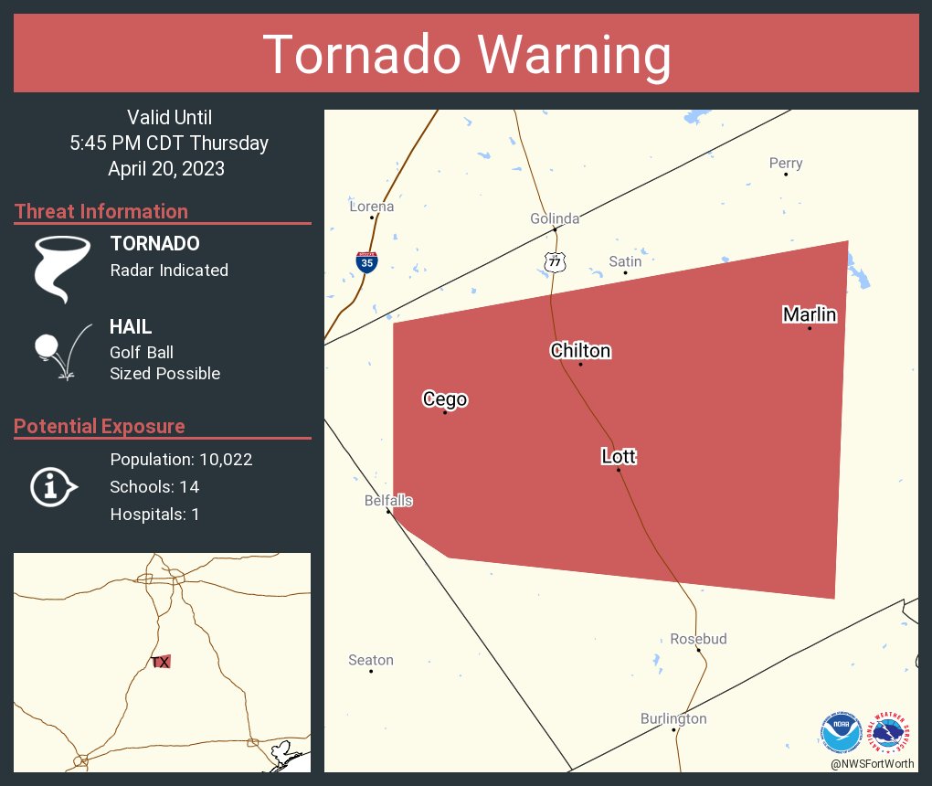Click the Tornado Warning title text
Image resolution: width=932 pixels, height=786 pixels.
click(467, 54)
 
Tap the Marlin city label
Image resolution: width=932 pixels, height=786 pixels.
click(810, 314)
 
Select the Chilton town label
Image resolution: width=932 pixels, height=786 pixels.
click(580, 351)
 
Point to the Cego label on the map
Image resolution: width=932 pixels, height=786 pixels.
click(445, 399)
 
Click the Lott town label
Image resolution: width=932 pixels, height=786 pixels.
click(619, 456)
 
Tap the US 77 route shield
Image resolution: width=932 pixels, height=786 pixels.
click(555, 262)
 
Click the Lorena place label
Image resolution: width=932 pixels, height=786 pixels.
click(372, 207)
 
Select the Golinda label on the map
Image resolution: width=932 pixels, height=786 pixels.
click(555, 218)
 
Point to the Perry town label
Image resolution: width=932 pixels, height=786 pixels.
click(786, 164)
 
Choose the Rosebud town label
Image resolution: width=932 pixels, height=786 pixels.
click(698, 639)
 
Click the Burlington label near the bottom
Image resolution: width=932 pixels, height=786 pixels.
click(673, 718)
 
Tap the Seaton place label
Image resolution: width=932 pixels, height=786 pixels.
click(371, 660)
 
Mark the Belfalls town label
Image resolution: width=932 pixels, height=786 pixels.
click(388, 501)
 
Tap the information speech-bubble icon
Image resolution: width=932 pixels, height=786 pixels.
click(53, 487)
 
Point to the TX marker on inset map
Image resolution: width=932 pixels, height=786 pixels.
click(161, 662)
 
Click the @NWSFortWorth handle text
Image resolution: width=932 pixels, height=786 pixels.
click(872, 763)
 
